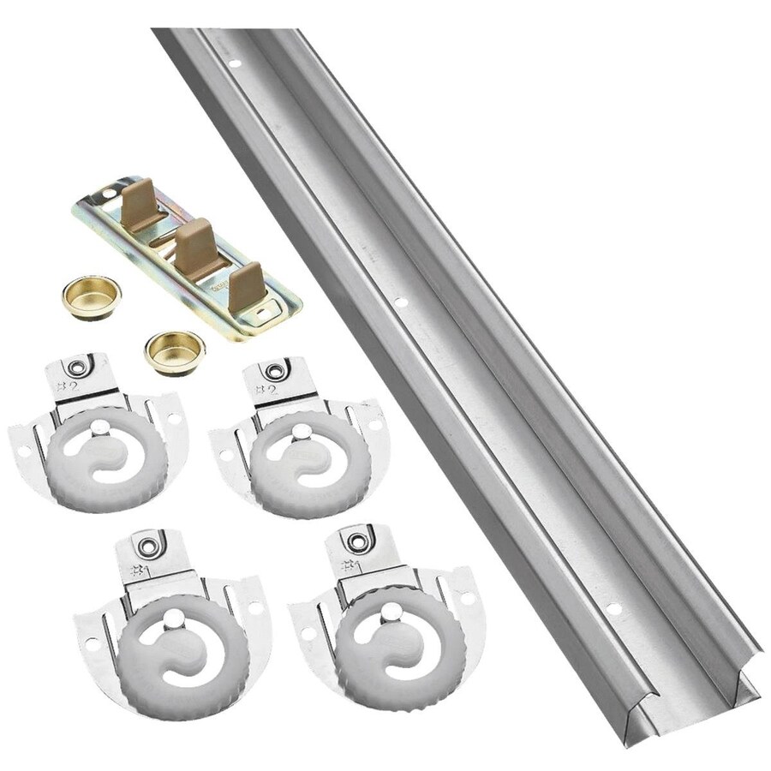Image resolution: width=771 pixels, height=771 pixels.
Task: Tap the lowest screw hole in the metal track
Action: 610,608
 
